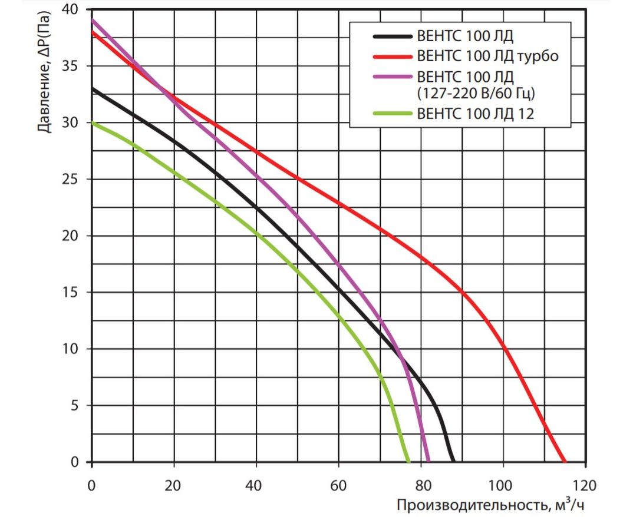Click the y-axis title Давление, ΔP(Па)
pos(45,74)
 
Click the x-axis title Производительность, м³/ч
pos(492,505)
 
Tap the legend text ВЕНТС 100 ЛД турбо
pos(487,57)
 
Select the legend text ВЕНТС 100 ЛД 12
pos(474,114)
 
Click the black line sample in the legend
pos(392,37)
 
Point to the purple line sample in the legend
pos(392,77)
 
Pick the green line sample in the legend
pos(392,114)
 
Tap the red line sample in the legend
pos(392,57)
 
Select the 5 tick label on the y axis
pos(74,406)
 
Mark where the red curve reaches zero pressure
pos(565,462)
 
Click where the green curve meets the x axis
pos(408,462)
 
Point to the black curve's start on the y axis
pos(92,89)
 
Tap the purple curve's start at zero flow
pos(92,21)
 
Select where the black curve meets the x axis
pos(453,462)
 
